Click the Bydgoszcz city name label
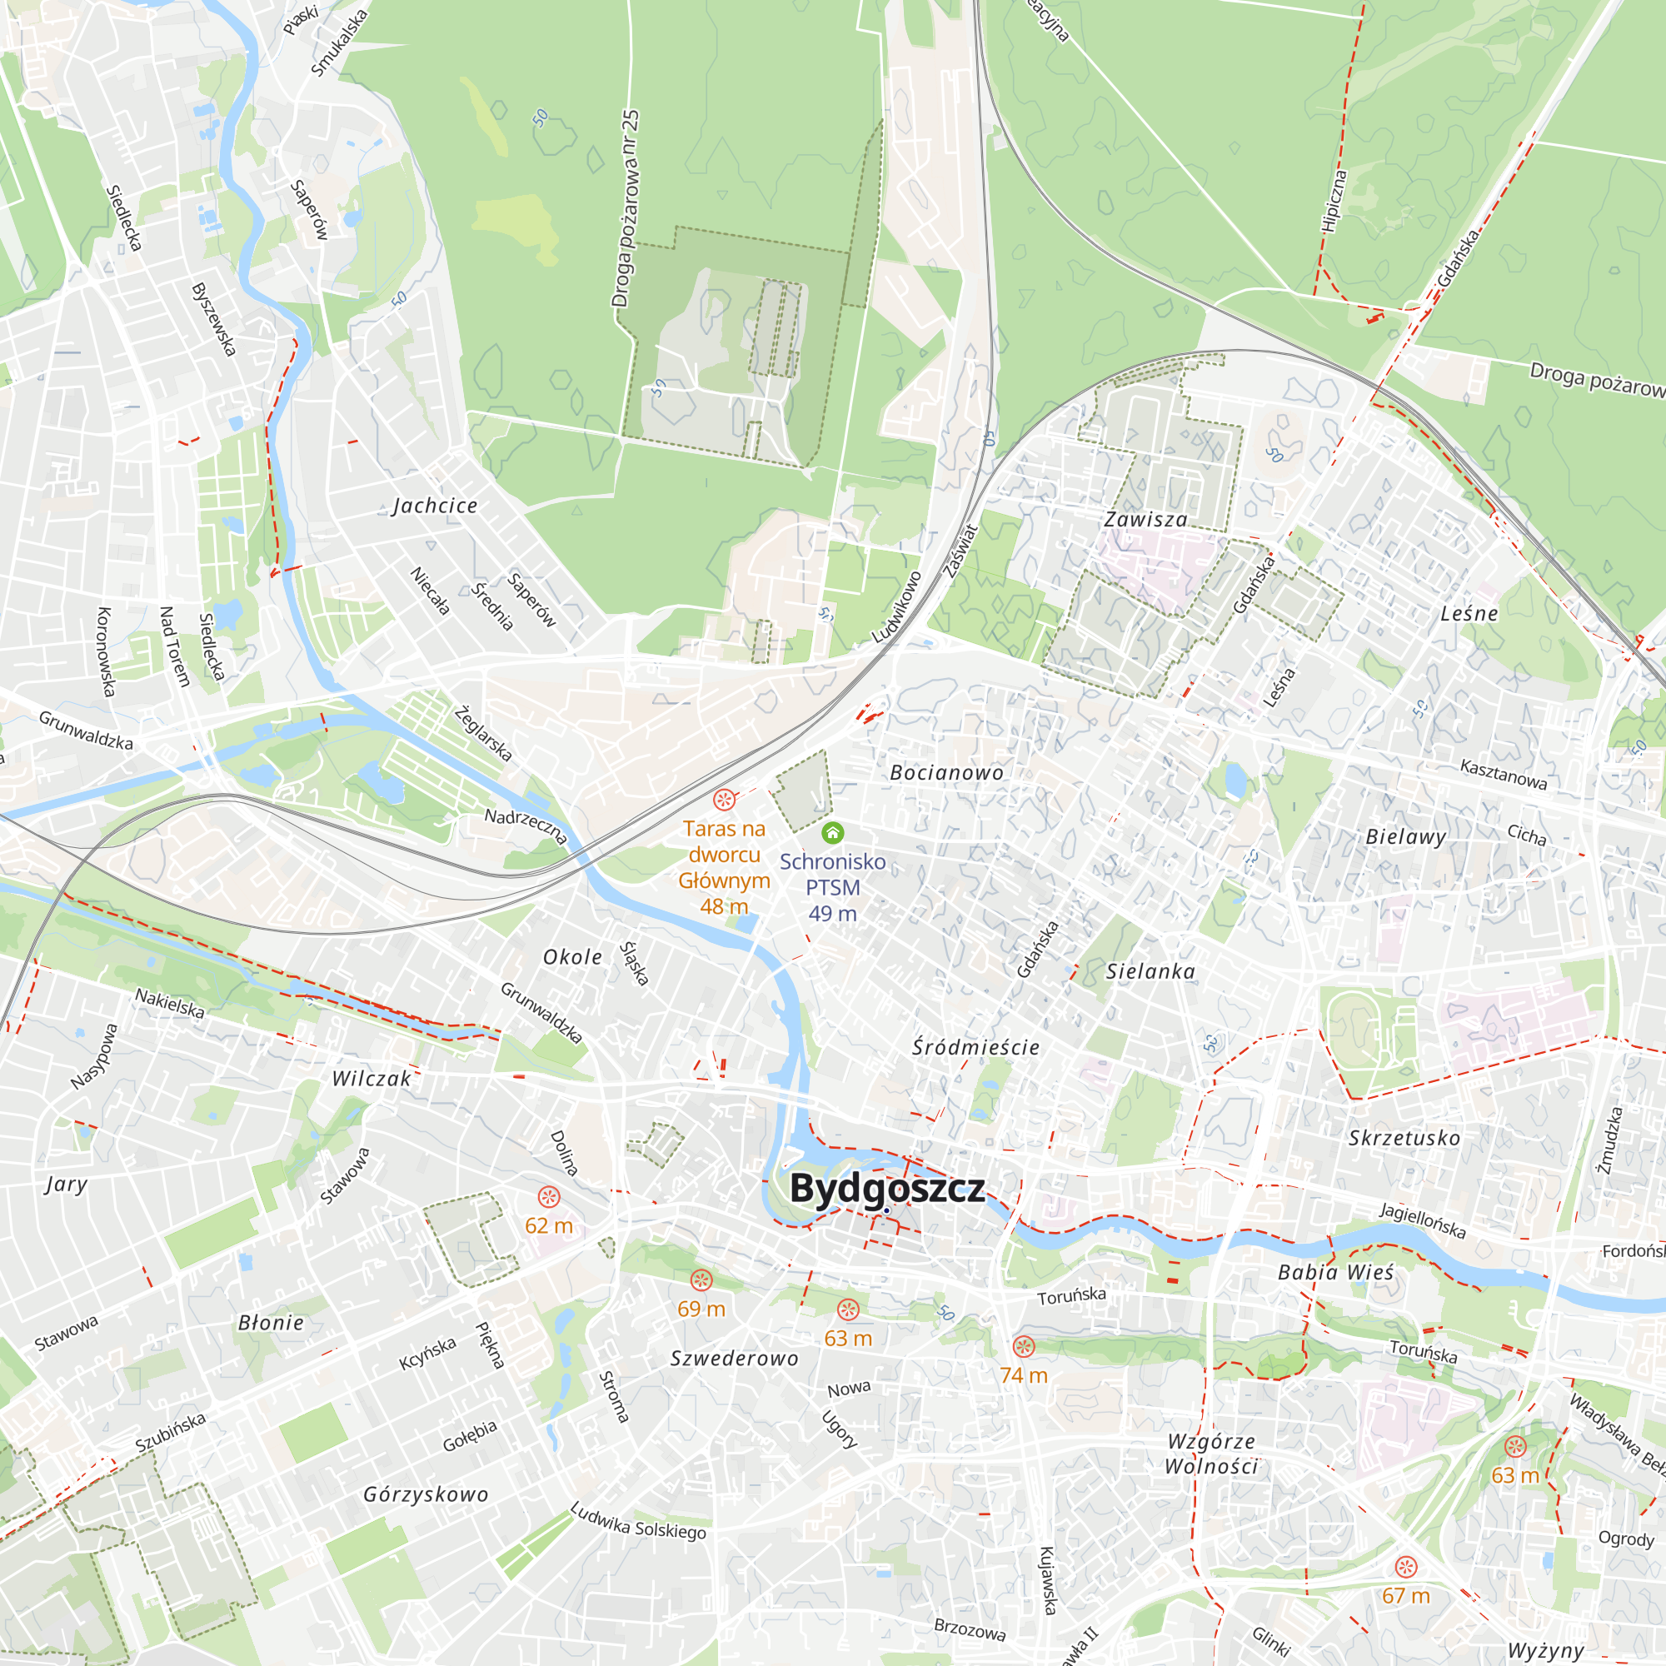[886, 1189]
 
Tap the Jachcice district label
[435, 506]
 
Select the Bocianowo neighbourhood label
[947, 773]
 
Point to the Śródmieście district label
[976, 1048]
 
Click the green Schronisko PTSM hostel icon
[832, 832]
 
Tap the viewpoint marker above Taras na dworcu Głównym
[725, 800]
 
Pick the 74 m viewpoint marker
[1024, 1346]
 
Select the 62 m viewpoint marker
[549, 1197]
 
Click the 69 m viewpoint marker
[701, 1279]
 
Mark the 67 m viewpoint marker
[1406, 1567]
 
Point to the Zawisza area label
[1146, 520]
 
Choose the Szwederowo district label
[735, 1359]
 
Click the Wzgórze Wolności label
[1210, 1454]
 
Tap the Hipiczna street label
[1333, 201]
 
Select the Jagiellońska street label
[1422, 1221]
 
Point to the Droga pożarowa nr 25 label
[626, 209]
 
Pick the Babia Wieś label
[1336, 1273]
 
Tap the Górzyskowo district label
[426, 1494]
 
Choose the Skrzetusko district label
[1404, 1138]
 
